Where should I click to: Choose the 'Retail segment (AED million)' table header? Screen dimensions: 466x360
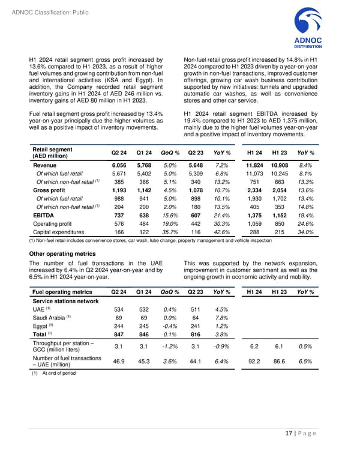click(x=52, y=153)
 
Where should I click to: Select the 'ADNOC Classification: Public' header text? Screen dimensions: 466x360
click(x=45, y=7)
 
